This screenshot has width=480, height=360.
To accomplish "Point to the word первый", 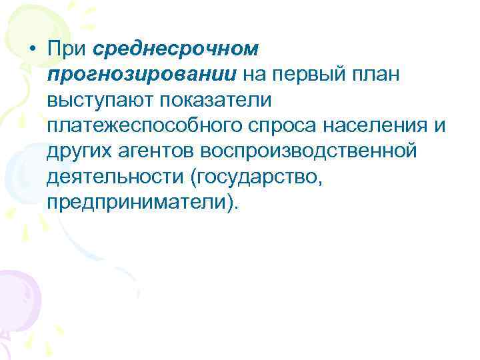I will (x=313, y=75).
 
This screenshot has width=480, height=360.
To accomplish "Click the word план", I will (x=376, y=75).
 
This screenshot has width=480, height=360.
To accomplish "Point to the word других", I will (x=79, y=151).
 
